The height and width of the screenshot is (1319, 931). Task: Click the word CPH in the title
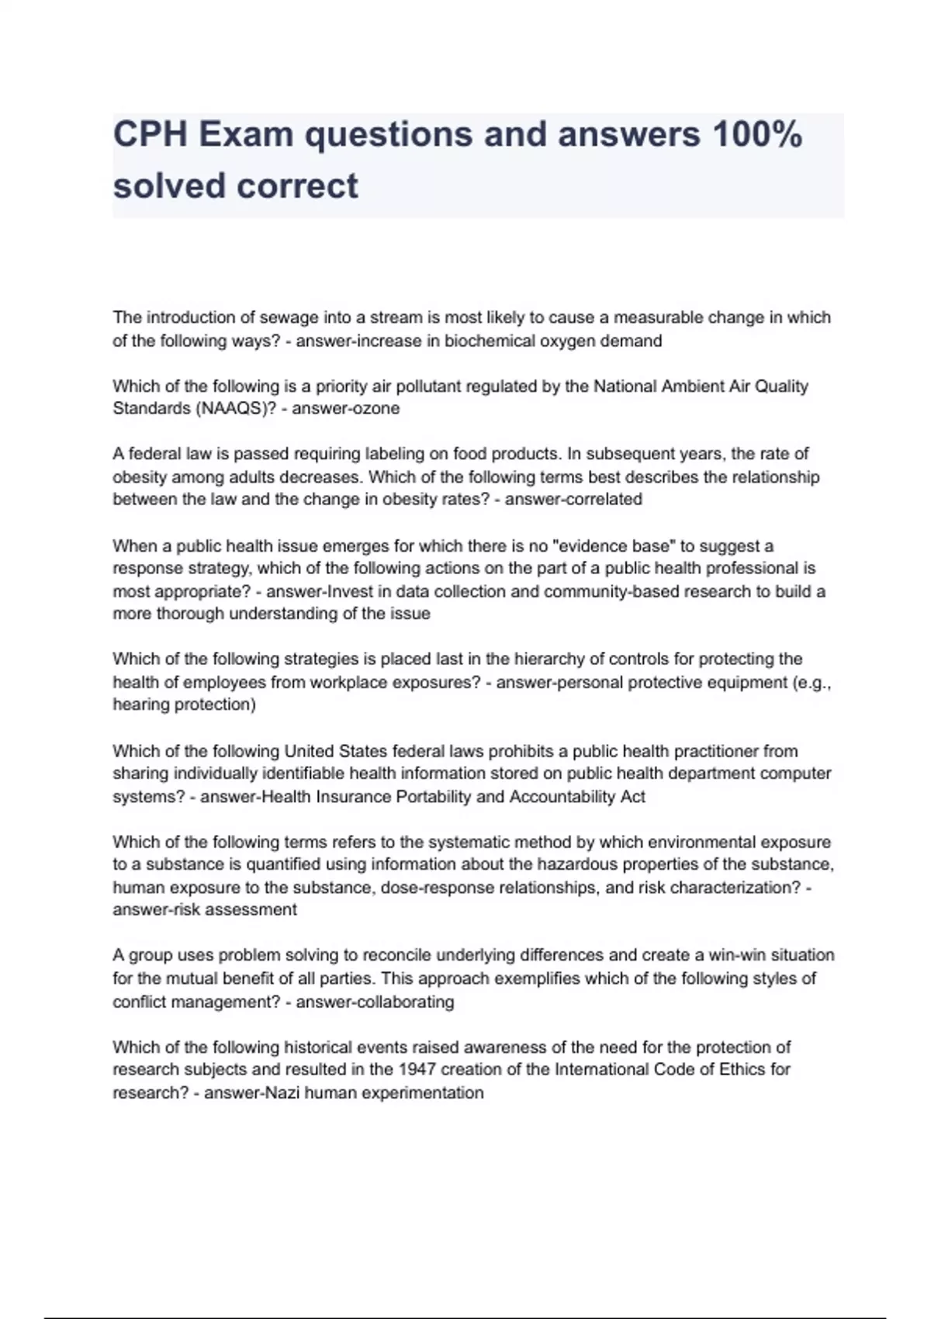150,135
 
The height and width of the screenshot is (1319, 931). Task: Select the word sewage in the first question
286,317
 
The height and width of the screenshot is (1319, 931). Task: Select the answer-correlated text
573,499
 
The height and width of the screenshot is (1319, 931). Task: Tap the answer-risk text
148,909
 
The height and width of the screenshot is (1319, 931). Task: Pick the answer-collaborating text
376,1002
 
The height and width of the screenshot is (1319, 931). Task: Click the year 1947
416,1069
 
